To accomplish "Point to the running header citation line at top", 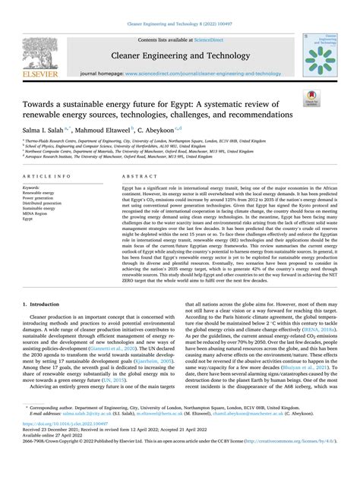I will (x=179, y=5).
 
